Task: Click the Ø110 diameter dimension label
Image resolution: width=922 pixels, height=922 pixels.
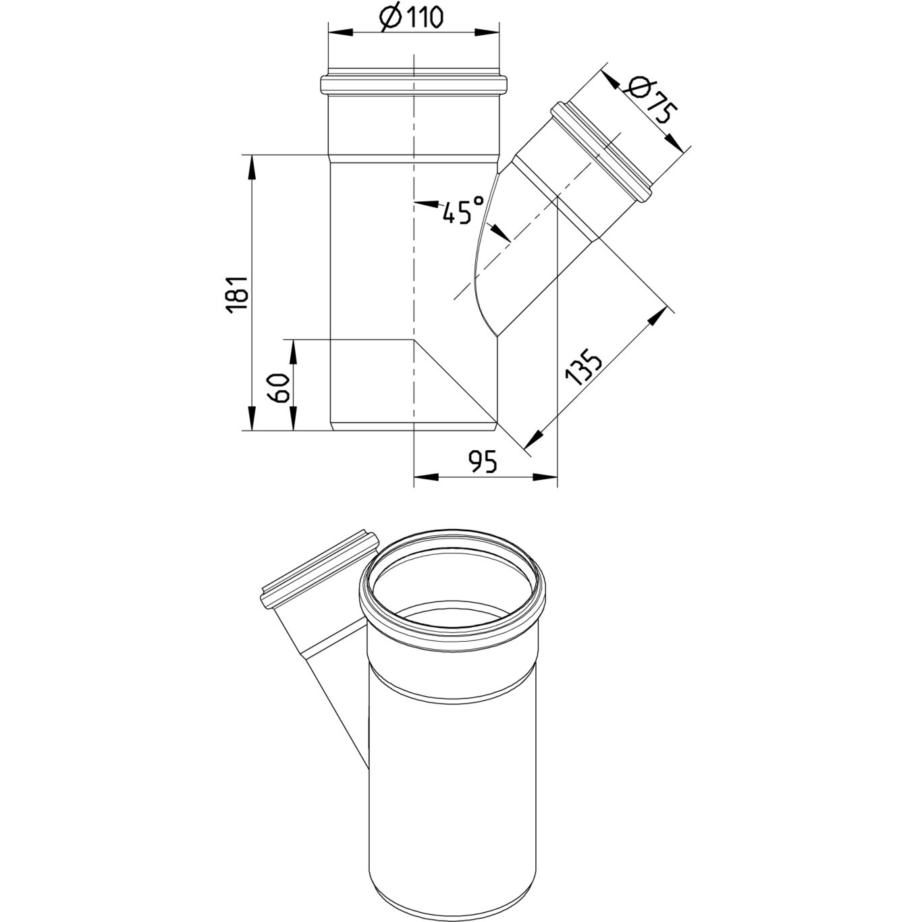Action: pyautogui.click(x=411, y=18)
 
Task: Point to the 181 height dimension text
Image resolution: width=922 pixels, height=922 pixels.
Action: pyautogui.click(x=236, y=294)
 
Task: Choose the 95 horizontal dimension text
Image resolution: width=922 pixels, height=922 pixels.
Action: pyautogui.click(x=484, y=462)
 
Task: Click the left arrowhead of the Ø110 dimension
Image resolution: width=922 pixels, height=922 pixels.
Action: pyautogui.click(x=340, y=32)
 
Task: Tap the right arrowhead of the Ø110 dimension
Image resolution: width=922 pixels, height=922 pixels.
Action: pyautogui.click(x=487, y=32)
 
